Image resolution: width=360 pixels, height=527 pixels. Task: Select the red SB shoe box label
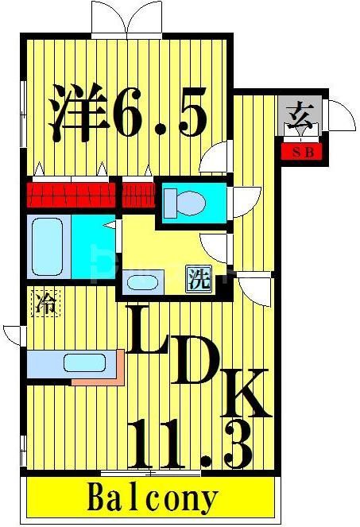click(302, 151)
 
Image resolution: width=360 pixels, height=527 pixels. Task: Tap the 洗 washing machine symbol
click(199, 279)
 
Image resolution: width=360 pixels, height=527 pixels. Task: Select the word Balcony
click(151, 498)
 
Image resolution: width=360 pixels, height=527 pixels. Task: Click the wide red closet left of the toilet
click(72, 194)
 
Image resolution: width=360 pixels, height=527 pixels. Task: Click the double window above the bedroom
click(128, 20)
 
